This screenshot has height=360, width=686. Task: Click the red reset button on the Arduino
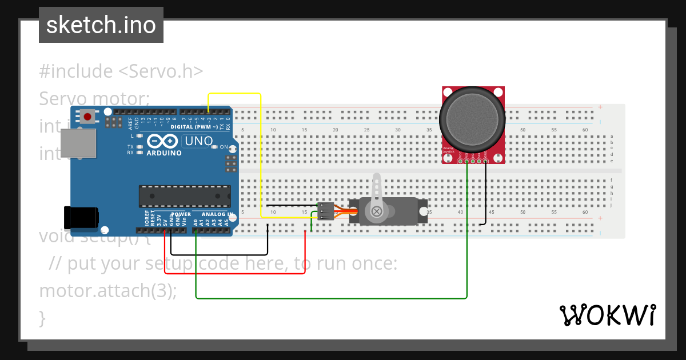tap(87, 117)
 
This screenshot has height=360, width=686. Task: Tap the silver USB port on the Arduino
tap(78, 143)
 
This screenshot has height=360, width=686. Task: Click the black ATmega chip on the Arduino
tap(185, 196)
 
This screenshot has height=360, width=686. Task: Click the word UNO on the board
tap(198, 141)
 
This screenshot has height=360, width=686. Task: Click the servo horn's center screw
tap(377, 211)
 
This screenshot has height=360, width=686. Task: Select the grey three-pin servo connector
tap(325, 211)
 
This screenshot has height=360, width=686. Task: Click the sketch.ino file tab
tap(101, 25)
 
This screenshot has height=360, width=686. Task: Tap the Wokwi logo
tap(607, 315)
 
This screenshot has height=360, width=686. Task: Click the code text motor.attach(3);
tap(108, 290)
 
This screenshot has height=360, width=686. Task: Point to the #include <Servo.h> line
tap(121, 71)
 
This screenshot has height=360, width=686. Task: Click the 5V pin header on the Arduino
tap(165, 231)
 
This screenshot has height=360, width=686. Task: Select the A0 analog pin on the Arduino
tap(196, 231)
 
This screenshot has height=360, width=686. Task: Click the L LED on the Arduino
tap(138, 136)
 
